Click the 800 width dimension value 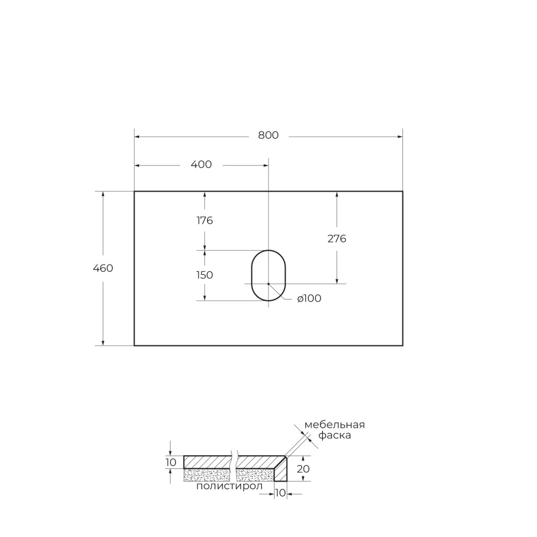click(x=268, y=136)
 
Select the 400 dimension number click(x=201, y=164)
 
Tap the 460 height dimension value click(x=103, y=268)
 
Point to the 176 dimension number click(x=205, y=221)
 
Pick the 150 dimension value click(x=205, y=275)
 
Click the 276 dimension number click(x=337, y=239)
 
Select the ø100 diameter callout click(x=309, y=299)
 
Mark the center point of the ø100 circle click(x=268, y=283)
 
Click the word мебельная click(x=334, y=425)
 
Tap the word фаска click(x=334, y=436)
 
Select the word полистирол click(x=229, y=486)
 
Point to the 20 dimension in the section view click(x=302, y=468)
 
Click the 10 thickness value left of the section click(x=171, y=462)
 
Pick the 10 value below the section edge click(x=280, y=493)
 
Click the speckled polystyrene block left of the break click(x=206, y=474)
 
